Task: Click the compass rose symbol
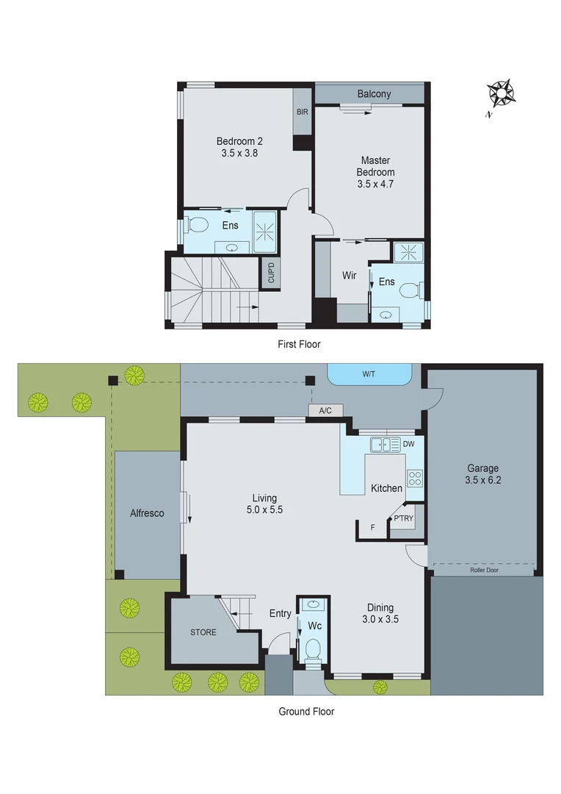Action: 501,93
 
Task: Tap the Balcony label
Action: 374,94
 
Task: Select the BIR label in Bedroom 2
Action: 303,112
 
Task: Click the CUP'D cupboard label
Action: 270,274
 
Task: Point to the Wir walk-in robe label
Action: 350,276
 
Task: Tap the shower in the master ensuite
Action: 408,253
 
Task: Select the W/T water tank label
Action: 369,374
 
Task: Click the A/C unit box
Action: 325,411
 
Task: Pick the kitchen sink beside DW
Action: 385,444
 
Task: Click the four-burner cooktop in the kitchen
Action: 415,478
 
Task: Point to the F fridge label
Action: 372,527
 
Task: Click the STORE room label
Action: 203,632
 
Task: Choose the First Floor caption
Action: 299,343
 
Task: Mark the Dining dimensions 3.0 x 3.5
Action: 380,619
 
